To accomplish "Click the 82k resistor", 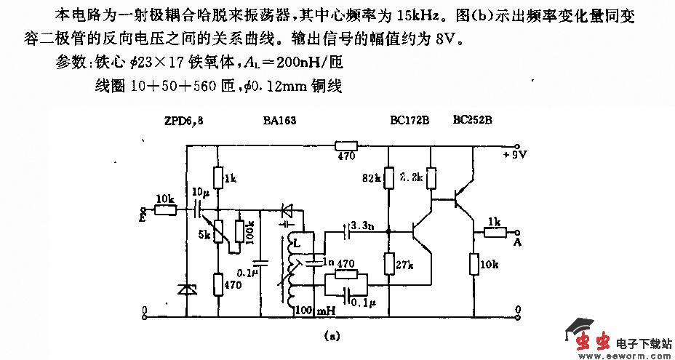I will tap(388, 177).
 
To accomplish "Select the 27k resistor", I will tap(388, 265).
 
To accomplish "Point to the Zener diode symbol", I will tap(187, 289).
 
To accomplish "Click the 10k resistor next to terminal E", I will tap(165, 210).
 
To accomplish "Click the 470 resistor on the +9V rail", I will tap(346, 145).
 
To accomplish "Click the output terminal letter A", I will tap(517, 241).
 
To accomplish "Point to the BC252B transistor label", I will tap(472, 119).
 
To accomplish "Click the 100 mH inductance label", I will tap(314, 311).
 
